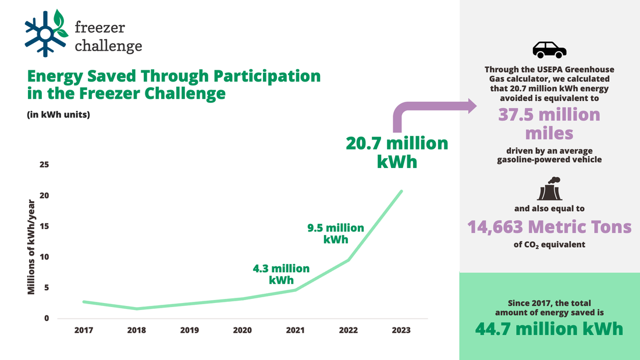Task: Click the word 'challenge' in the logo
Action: (108, 45)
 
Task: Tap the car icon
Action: (549, 50)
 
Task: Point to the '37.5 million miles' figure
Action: (549, 124)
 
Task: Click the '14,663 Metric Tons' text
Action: (550, 226)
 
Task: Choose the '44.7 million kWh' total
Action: (550, 329)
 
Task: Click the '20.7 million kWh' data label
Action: (397, 152)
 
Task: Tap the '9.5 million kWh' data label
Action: (336, 233)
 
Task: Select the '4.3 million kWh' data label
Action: (281, 274)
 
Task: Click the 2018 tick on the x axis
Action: (136, 330)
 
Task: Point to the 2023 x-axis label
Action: (401, 330)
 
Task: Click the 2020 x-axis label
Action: (242, 330)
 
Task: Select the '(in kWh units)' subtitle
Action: (58, 115)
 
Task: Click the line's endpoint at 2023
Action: (401, 191)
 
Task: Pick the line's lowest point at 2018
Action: (137, 309)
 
